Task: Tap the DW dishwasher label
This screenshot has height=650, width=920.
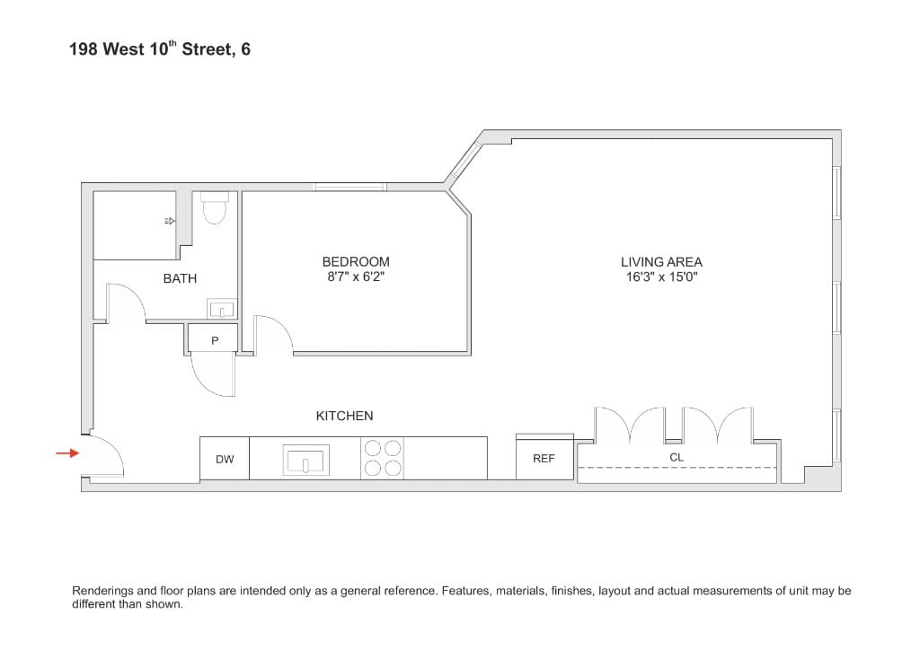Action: (225, 459)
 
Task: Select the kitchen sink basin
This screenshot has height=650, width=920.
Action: (306, 461)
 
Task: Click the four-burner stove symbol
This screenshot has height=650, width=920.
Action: (382, 458)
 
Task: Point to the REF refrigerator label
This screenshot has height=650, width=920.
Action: (544, 458)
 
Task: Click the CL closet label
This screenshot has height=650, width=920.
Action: (677, 457)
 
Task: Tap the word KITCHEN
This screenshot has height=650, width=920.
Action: (344, 416)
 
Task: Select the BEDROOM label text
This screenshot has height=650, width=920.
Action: (356, 262)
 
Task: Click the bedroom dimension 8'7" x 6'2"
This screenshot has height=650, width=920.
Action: (356, 277)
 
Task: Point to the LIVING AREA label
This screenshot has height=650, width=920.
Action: (661, 262)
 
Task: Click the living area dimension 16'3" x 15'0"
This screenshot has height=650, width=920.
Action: (661, 277)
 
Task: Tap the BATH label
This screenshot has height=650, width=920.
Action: (180, 278)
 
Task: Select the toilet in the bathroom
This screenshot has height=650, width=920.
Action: (214, 210)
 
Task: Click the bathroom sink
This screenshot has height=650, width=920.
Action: (221, 310)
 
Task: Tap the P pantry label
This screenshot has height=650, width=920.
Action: (215, 340)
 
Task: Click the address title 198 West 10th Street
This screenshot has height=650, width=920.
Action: (159, 49)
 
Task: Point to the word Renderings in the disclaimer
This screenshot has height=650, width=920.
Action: (102, 591)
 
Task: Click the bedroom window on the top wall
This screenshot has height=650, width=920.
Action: (349, 187)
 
